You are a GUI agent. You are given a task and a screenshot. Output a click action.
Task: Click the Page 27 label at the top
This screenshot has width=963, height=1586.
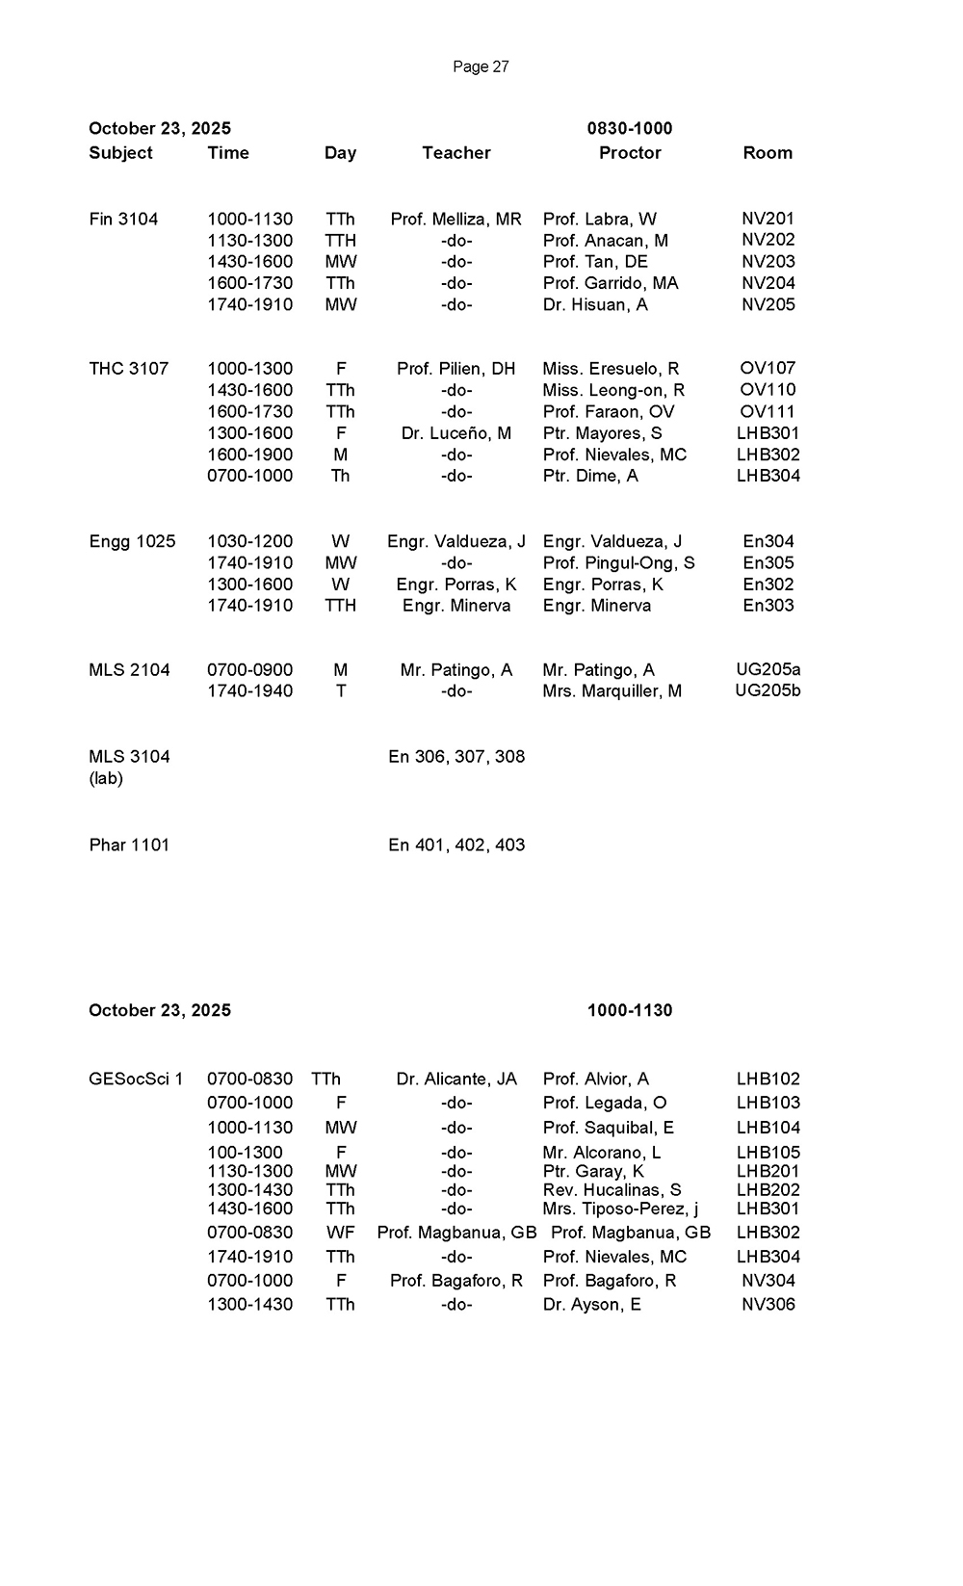click(x=481, y=66)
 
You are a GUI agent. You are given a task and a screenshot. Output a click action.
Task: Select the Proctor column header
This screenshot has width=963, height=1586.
click(x=630, y=153)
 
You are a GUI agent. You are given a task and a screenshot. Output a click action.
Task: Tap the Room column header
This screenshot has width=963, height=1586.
click(x=768, y=153)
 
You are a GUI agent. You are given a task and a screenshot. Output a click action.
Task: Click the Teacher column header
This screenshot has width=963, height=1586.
click(x=456, y=153)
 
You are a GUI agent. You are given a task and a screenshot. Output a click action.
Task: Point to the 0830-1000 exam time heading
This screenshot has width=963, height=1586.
click(x=630, y=129)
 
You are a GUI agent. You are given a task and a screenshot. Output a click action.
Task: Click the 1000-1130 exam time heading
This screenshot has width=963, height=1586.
click(x=630, y=1010)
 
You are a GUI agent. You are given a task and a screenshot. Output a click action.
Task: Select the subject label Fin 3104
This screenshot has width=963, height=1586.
click(x=123, y=220)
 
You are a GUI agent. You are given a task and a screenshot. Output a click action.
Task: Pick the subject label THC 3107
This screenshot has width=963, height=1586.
click(x=128, y=369)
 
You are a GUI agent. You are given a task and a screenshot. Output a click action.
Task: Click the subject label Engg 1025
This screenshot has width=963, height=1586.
click(x=132, y=541)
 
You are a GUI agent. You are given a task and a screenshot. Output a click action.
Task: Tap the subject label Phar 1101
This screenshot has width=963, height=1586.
click(x=129, y=845)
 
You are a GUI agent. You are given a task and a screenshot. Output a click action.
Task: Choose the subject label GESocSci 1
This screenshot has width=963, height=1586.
click(x=136, y=1079)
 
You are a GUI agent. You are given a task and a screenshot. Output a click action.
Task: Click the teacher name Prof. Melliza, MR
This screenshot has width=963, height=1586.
click(x=456, y=220)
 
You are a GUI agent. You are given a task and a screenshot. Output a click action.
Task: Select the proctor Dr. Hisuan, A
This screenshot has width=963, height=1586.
click(x=595, y=305)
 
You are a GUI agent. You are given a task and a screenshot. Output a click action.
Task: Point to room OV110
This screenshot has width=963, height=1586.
click(x=768, y=390)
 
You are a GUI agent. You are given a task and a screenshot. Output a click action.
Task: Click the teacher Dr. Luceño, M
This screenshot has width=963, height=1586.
click(x=456, y=433)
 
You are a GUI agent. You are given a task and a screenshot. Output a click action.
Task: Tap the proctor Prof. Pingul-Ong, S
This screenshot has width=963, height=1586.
click(x=618, y=563)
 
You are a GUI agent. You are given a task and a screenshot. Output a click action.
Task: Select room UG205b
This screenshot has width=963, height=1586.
click(x=768, y=690)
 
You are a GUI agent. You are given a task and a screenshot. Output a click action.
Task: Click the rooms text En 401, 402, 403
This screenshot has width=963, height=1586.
click(x=456, y=845)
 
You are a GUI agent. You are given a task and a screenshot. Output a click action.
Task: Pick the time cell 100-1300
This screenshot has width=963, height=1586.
click(x=245, y=1153)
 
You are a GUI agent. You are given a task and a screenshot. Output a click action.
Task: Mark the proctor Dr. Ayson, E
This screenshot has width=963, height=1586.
click(x=591, y=1305)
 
